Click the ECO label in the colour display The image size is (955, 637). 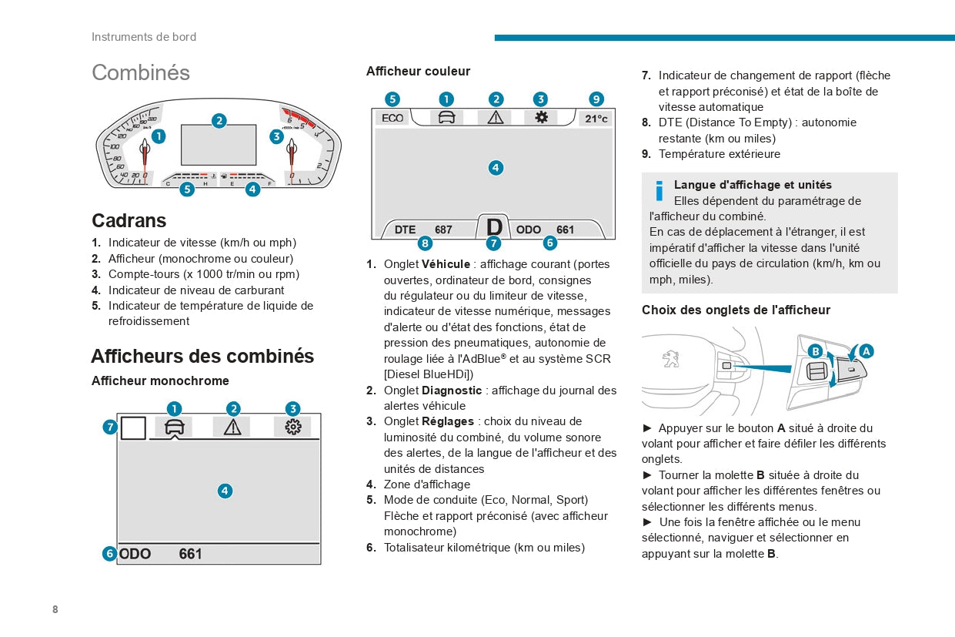coord(392,118)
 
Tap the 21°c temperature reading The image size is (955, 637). coord(596,119)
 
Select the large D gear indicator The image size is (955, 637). coord(494,227)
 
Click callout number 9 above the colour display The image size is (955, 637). coord(596,99)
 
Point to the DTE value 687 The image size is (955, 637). coord(443,230)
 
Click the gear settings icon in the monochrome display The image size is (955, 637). coord(293,427)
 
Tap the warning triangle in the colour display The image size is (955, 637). coord(496,117)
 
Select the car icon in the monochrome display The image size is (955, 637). coord(174,427)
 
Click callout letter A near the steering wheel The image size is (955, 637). coord(866,351)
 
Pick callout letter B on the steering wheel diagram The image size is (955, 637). coord(816,351)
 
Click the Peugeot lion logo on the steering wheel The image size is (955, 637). coord(670,359)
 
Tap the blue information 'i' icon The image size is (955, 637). coord(659,190)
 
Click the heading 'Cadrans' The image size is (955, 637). coord(129,220)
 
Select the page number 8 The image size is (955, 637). coord(55,609)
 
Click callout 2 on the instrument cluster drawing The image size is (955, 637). coord(219,121)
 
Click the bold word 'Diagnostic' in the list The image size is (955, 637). coord(452,391)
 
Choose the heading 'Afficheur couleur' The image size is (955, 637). coord(418,72)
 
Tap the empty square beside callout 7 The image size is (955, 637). coord(133,427)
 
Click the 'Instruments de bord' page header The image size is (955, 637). coord(144,37)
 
